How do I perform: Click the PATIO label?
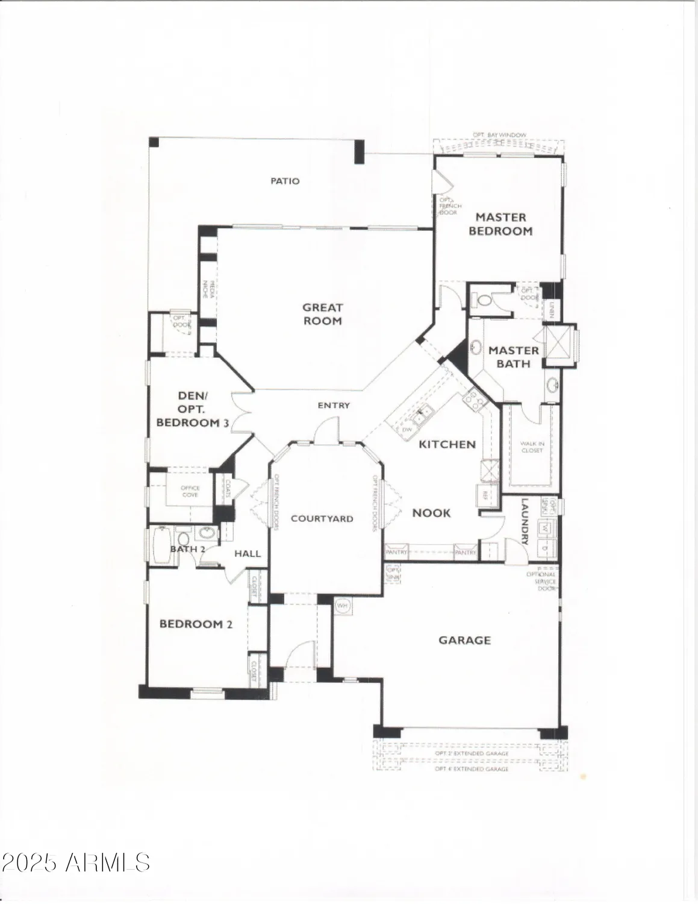tap(285, 181)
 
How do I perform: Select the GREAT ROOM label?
tap(322, 314)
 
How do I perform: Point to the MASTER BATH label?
tap(513, 357)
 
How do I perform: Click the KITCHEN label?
tap(447, 444)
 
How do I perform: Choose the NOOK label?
tap(431, 513)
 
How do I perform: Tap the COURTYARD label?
tap(322, 518)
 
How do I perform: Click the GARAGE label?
tap(464, 640)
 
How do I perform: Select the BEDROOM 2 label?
tap(196, 624)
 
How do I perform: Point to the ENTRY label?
tap(334, 406)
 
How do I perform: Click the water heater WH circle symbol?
tap(342, 605)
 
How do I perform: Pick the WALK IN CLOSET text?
tap(532, 447)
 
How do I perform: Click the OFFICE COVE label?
tap(190, 492)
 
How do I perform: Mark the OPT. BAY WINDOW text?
tap(499, 135)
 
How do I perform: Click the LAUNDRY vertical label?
tap(524, 521)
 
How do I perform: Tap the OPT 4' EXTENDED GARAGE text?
tap(472, 769)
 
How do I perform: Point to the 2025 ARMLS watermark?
tap(75, 862)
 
